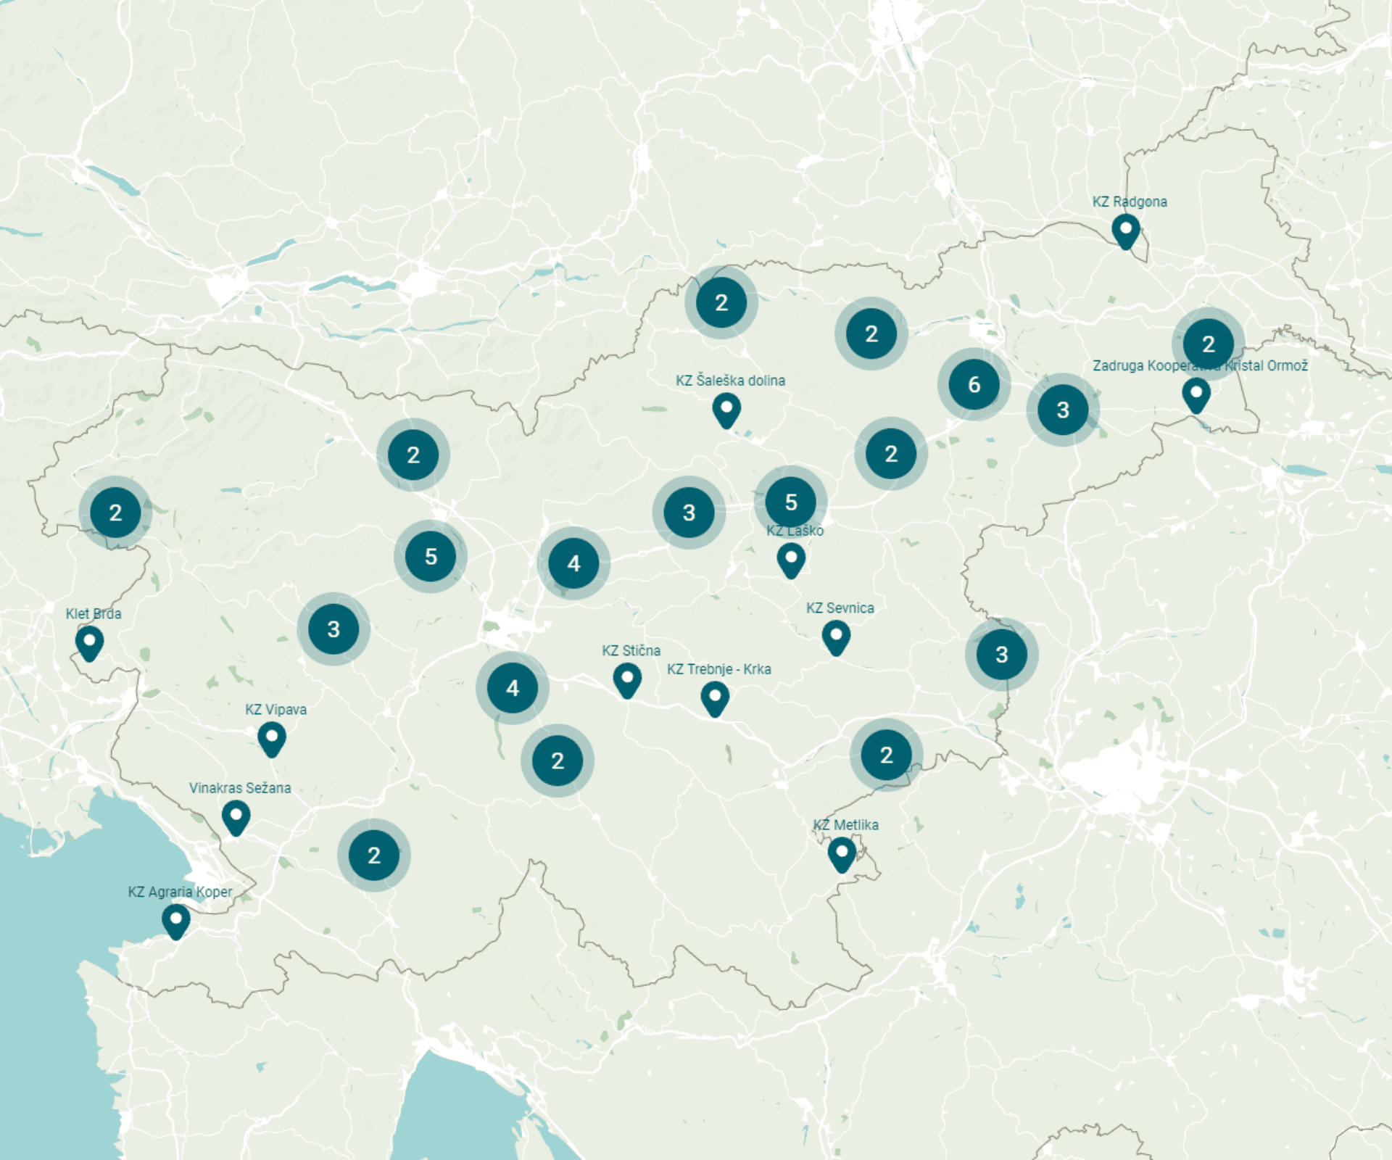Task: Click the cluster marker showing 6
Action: click(x=974, y=384)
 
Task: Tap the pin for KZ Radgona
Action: click(x=1125, y=231)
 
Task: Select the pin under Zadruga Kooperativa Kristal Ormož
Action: click(x=1196, y=395)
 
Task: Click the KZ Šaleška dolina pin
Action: click(x=726, y=410)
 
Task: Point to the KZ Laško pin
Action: click(x=791, y=560)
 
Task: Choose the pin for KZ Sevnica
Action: click(x=836, y=637)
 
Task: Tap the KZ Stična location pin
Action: click(x=627, y=681)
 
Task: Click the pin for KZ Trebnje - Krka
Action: click(x=715, y=698)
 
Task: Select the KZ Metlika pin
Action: click(x=842, y=854)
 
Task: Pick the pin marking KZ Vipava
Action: click(x=272, y=739)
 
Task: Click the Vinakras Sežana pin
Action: click(x=236, y=818)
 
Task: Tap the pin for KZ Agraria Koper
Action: click(x=175, y=921)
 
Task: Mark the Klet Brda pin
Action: click(x=89, y=643)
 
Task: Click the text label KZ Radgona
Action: click(x=1130, y=202)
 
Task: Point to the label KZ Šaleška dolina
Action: click(x=730, y=381)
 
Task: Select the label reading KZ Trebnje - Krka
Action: click(x=718, y=669)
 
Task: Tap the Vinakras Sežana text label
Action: click(x=240, y=788)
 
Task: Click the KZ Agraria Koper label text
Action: click(x=180, y=892)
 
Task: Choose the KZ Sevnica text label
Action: click(x=840, y=608)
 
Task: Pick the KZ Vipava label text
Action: click(x=275, y=710)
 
